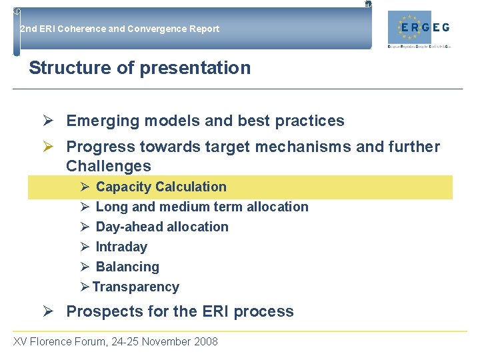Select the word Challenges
pyautogui.click(x=109, y=166)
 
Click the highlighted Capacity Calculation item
pyautogui.click(x=161, y=187)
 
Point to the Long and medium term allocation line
pyautogui.click(x=202, y=207)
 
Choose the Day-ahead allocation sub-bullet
pyautogui.click(x=162, y=227)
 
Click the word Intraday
pyautogui.click(x=121, y=247)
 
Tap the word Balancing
pyautogui.click(x=127, y=267)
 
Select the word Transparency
pyautogui.click(x=136, y=287)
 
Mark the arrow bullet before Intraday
pyautogui.click(x=85, y=247)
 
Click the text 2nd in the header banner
pyautogui.click(x=28, y=29)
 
